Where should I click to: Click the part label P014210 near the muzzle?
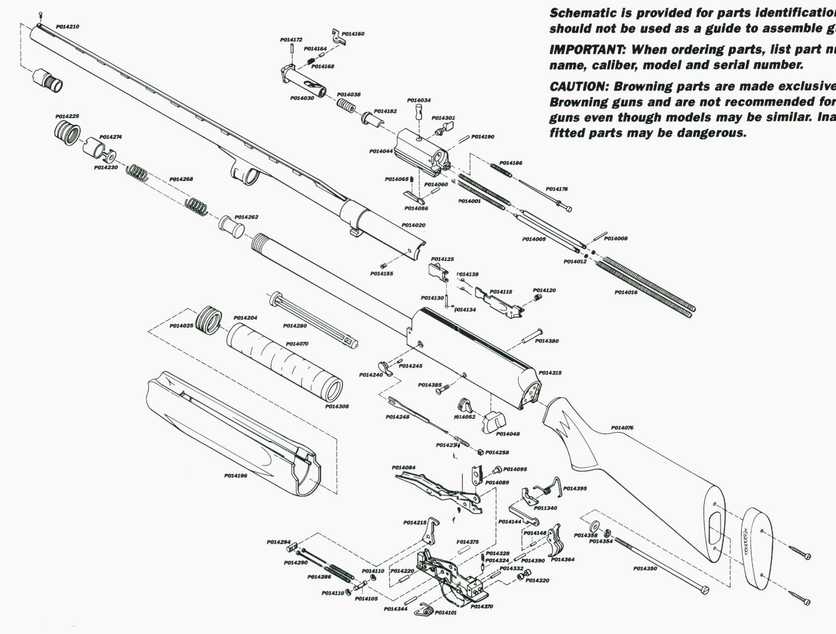pyautogui.click(x=68, y=27)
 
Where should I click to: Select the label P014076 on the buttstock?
pyautogui.click(x=622, y=428)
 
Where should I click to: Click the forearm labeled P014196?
pyautogui.click(x=231, y=431)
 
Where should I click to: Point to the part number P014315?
pyautogui.click(x=550, y=373)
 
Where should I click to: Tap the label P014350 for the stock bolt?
pyautogui.click(x=645, y=569)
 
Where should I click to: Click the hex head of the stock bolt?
pyautogui.click(x=704, y=590)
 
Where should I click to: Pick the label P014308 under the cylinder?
pyautogui.click(x=337, y=406)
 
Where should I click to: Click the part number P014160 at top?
pyautogui.click(x=353, y=34)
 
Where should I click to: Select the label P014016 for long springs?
pyautogui.click(x=626, y=292)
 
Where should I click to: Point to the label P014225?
pyautogui.click(x=67, y=116)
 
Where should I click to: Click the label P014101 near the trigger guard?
pyautogui.click(x=445, y=613)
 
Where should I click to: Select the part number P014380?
pyautogui.click(x=547, y=341)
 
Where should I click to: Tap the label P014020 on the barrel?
pyautogui.click(x=413, y=225)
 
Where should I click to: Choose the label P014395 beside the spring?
pyautogui.click(x=575, y=488)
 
